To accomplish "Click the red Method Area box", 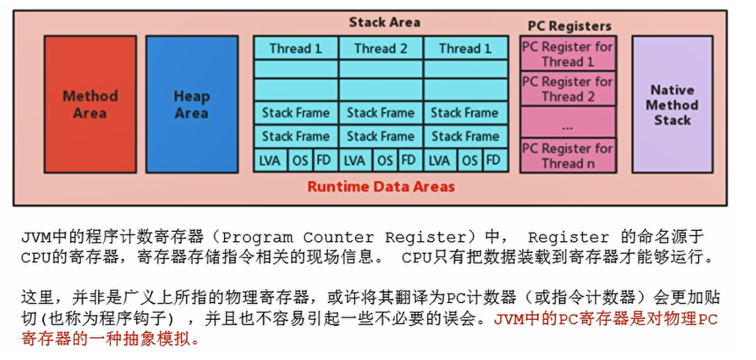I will pos(90,104).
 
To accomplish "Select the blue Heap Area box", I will pos(192,104).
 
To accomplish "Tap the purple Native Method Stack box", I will pos(672,104).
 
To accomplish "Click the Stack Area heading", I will pos(384,22).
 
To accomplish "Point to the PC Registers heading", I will pos(569,26).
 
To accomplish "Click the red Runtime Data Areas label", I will pos(381,186).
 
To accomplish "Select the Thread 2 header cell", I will pos(381,48).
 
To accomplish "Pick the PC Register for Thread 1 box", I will pos(568,54).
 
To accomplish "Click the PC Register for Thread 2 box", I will pos(568,88).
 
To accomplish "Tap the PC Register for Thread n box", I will pos(568,156).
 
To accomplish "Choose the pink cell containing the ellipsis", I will pos(568,122).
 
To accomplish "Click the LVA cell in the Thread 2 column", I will pos(354,161).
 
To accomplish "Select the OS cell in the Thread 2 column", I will pos(385,161).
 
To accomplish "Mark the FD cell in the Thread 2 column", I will pos(408,161).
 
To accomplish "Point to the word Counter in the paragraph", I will pos(338,238).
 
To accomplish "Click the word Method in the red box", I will pos(90,96).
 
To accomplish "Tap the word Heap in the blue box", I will pos(192,96).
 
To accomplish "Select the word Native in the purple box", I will pos(672,90).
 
